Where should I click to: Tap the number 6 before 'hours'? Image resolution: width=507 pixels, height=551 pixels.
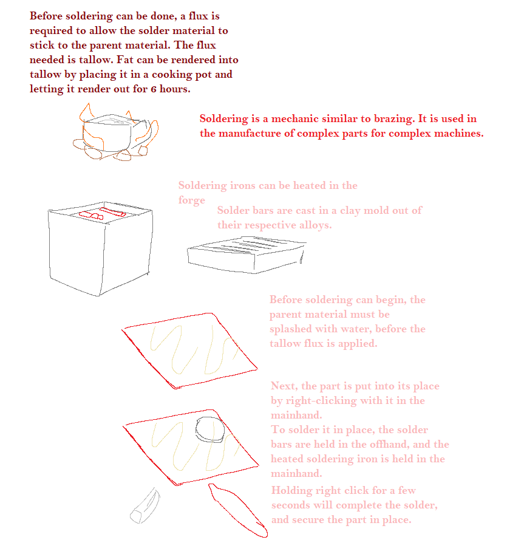coord(154,89)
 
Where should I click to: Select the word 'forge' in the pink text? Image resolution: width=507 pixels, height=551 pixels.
coord(191,200)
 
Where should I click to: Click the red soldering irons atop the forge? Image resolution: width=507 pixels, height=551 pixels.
coord(102,213)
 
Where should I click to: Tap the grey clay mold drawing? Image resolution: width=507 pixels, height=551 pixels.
coord(247,255)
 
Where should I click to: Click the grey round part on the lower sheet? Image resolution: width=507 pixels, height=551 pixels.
coord(209,429)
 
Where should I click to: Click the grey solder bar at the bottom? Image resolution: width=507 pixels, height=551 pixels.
coord(145,505)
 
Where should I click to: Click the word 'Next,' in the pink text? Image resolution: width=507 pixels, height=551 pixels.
coord(284,386)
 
